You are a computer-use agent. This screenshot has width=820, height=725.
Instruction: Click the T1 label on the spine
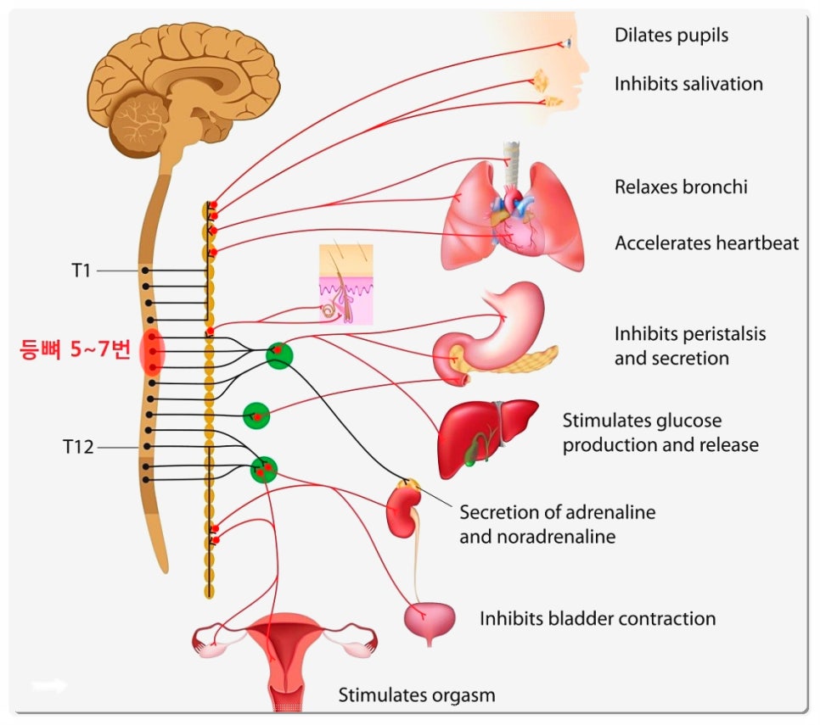point(81,270)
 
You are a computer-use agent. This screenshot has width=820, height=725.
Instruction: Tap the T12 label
point(78,446)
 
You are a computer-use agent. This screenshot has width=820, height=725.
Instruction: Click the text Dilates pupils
point(671,36)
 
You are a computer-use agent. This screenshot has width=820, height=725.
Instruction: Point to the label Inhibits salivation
point(688,84)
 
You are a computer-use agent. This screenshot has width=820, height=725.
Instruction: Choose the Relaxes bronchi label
point(681,187)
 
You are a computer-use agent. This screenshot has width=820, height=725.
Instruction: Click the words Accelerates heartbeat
point(706,243)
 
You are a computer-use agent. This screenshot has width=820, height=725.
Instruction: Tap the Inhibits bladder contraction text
point(598,619)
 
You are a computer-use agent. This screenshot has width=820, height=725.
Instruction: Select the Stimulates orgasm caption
point(416,696)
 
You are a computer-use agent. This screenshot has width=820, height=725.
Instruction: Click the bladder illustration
point(429,620)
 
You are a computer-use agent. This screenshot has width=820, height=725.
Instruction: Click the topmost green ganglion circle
point(278,355)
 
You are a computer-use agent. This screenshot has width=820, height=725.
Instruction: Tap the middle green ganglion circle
point(256,415)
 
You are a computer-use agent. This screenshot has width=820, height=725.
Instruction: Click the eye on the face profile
point(570,43)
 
